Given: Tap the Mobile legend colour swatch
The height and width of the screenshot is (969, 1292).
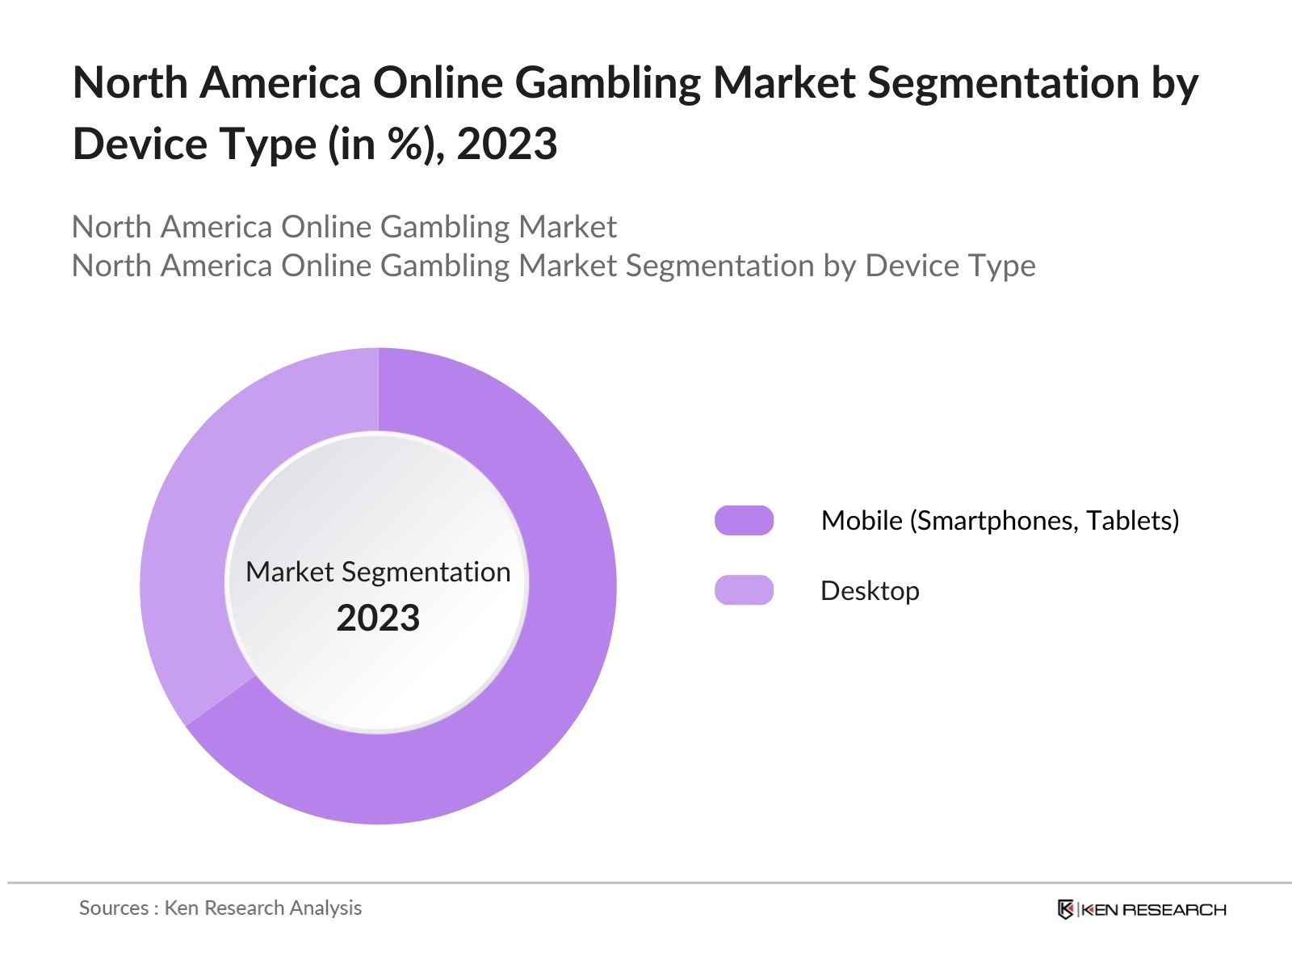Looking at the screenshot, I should point(744,521).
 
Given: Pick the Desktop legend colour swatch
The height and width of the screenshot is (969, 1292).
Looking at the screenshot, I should point(744,590).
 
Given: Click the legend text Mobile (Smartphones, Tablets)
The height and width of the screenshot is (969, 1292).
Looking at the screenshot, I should point(1000,521).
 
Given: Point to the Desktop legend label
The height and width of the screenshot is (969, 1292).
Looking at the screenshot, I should point(870,591).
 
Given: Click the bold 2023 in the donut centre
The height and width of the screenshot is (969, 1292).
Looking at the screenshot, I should point(378,619).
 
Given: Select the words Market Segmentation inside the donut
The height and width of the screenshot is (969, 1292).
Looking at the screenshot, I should point(378,572).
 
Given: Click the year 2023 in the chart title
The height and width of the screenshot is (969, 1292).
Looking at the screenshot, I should point(507,145).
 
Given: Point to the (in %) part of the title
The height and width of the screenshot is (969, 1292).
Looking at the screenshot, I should point(379,145).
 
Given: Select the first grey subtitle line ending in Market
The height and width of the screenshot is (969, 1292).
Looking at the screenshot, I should point(344,227).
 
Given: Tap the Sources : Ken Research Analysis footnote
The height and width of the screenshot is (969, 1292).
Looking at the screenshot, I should point(220,908).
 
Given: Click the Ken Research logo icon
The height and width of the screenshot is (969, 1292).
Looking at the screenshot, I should point(1065,909).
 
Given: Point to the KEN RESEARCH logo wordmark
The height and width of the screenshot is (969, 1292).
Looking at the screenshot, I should point(1153,910).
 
